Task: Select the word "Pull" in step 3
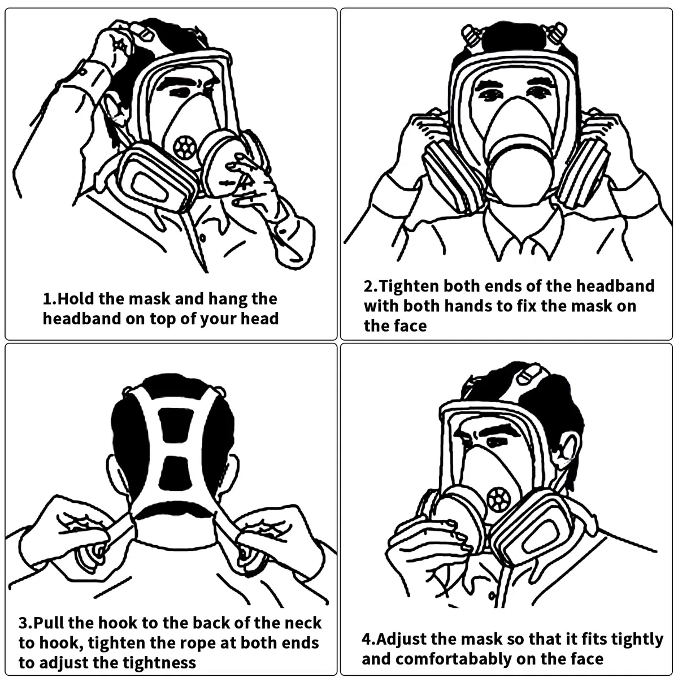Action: coord(48,623)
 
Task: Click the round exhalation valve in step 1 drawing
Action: coord(184,147)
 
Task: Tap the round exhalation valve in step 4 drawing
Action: coord(498,499)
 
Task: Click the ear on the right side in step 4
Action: coord(567,451)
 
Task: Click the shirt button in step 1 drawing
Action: coord(202,238)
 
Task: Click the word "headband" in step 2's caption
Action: coord(615,286)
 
